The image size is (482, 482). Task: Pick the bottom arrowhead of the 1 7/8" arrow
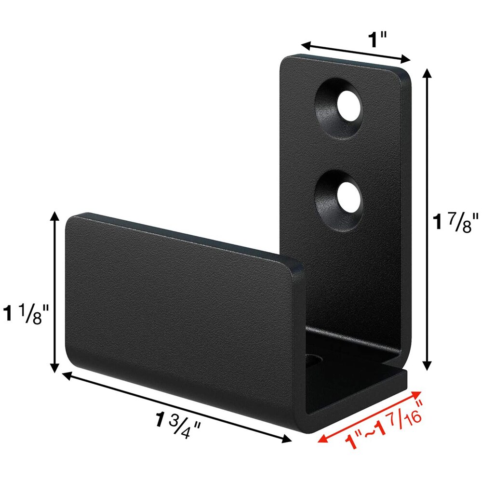pyautogui.click(x=427, y=367)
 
